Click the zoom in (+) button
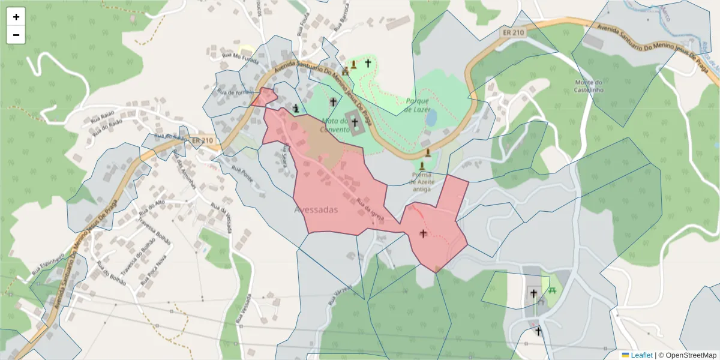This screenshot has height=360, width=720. (x=16, y=17)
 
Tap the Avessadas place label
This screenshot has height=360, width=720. (x=316, y=210)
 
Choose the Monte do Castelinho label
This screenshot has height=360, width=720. (x=588, y=86)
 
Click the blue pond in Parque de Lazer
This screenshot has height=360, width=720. (x=431, y=118)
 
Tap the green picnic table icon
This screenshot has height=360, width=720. (x=552, y=290)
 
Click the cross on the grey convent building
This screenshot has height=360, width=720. (x=355, y=122)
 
